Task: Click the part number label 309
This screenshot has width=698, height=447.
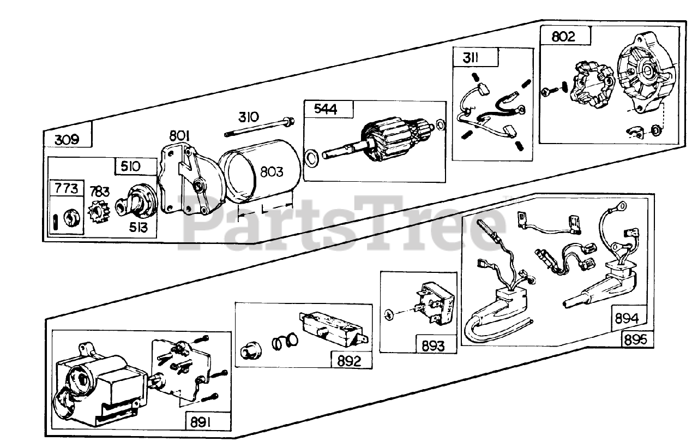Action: (67, 140)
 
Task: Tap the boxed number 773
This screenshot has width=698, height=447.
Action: (67, 189)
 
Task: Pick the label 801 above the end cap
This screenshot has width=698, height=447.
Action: (180, 135)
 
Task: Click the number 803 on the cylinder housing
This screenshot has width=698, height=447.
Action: (272, 172)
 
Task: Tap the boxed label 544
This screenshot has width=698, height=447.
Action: (326, 109)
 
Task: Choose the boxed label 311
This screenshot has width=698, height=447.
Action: (469, 57)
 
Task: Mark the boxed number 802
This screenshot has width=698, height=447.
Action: (563, 38)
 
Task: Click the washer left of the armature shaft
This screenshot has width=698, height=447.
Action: (311, 159)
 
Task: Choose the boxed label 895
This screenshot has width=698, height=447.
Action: (636, 339)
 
